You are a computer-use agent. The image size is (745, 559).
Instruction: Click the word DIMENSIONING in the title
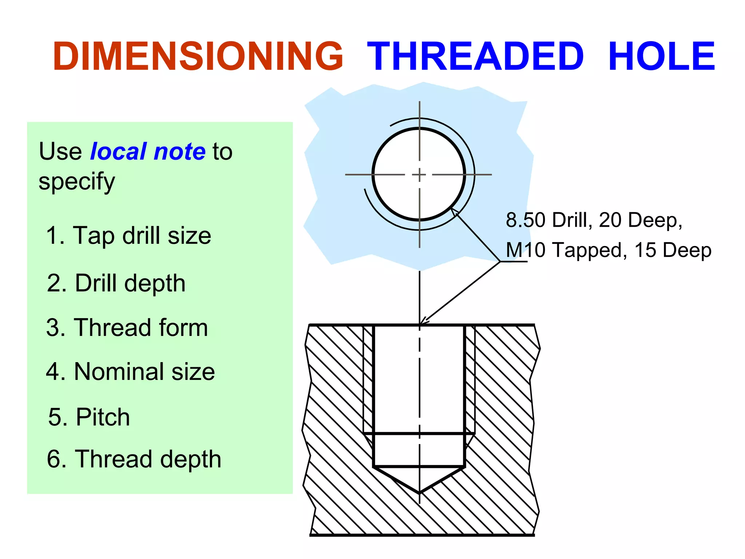click(198, 56)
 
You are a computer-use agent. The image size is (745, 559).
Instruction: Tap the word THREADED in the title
click(475, 56)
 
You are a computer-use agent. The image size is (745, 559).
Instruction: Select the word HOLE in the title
click(661, 56)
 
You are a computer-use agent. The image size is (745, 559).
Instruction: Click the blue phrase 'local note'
click(148, 151)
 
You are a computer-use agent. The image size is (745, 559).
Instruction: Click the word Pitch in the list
click(103, 417)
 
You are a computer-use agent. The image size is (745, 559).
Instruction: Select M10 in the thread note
click(526, 250)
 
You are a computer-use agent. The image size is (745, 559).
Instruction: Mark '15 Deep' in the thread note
click(673, 250)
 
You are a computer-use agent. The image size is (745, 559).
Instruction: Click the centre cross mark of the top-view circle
click(419, 175)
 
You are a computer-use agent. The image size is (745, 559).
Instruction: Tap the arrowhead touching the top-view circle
click(454, 211)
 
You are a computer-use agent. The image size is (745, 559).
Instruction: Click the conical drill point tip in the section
click(419, 493)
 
